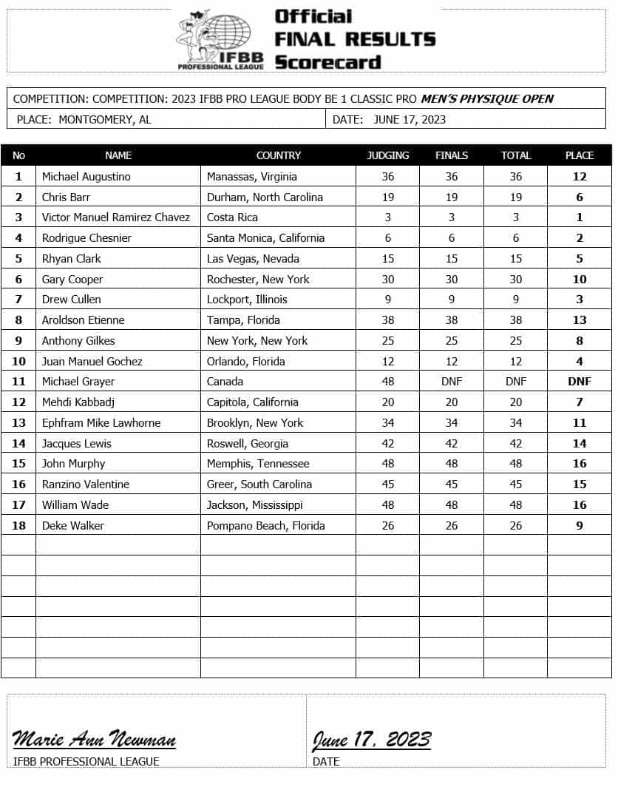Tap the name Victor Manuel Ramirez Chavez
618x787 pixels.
coord(116,217)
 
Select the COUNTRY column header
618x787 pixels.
coord(278,155)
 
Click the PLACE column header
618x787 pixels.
coord(580,155)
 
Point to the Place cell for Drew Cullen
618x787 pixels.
coord(580,300)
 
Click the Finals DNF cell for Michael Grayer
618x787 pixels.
coord(452,382)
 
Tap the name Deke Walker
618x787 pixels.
coord(73,526)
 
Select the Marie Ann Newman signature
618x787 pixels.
coord(94,739)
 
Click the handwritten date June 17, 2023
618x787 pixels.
coord(372,739)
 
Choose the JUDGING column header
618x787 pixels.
coord(388,155)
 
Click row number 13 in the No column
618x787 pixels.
coord(18,423)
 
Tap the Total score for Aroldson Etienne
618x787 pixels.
coord(516,320)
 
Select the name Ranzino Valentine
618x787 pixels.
coord(86,484)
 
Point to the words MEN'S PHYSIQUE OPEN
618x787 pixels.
coord(487,98)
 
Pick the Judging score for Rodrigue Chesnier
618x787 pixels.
coord(388,238)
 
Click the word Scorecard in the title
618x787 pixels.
coord(327,61)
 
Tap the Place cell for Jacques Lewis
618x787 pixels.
coord(580,444)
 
